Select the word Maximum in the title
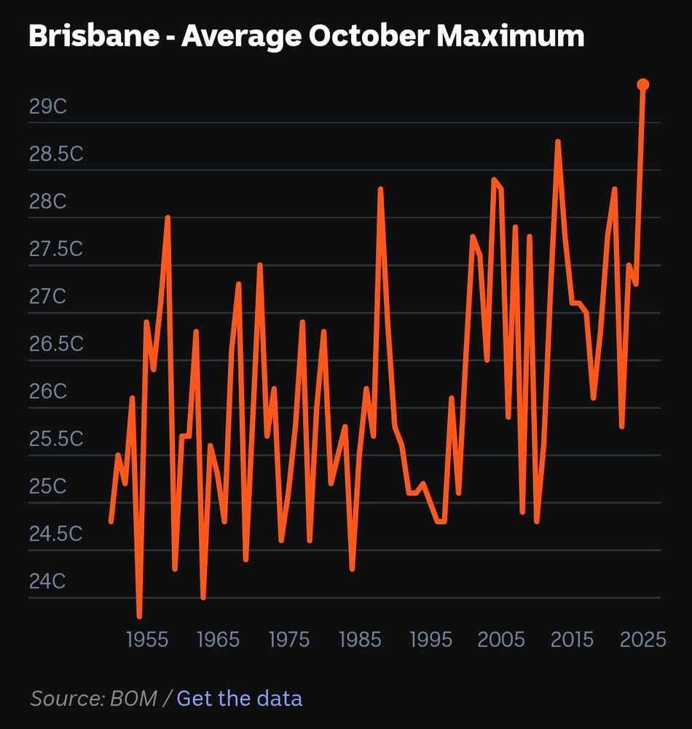(511, 36)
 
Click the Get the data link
(239, 698)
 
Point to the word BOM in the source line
(134, 698)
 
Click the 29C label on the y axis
(48, 106)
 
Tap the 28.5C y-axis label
(56, 155)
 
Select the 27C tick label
(48, 297)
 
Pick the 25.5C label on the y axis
(56, 440)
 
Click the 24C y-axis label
(48, 582)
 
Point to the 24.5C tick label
(56, 534)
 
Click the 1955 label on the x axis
(147, 640)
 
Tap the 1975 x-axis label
(289, 640)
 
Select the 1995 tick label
(431, 640)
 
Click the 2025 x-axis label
(642, 640)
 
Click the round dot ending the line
(643, 85)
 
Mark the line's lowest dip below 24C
(139, 616)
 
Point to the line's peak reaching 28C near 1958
(168, 218)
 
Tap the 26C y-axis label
(48, 391)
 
